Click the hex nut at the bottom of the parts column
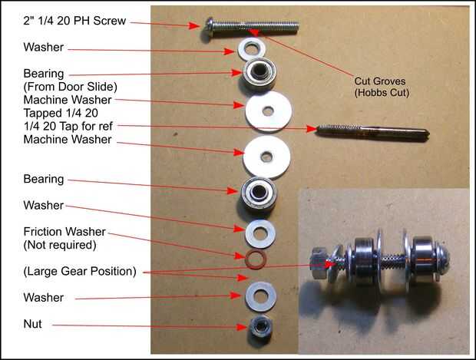point(259,326)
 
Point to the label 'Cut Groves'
point(380,81)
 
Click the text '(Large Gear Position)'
point(80,272)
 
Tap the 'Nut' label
point(32,324)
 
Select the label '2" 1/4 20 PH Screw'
point(74,21)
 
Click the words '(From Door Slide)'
point(70,87)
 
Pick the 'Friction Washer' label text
point(64,232)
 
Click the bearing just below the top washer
point(259,73)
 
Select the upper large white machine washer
point(269,111)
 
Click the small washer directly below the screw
point(251,49)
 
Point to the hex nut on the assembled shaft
point(319,263)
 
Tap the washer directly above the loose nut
point(261,296)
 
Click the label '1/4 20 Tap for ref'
point(68,126)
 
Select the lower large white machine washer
point(266,157)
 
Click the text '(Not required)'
point(60,245)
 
